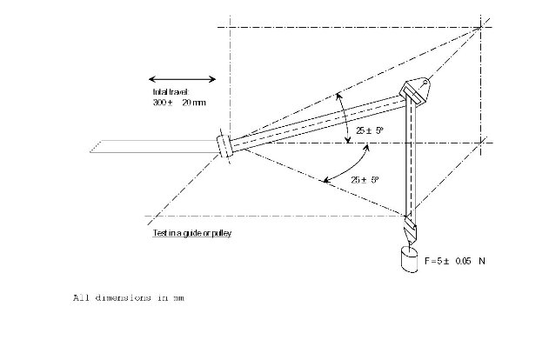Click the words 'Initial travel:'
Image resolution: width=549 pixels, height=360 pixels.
point(171,91)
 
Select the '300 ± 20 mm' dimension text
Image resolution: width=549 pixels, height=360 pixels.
point(179,103)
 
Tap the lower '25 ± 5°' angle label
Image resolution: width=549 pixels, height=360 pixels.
point(364,179)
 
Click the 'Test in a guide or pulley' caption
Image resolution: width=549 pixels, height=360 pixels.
point(191,233)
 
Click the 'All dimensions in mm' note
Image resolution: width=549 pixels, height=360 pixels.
point(127,298)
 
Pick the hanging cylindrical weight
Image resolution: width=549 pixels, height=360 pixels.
point(409,260)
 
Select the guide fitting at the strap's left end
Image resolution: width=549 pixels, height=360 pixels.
point(225,144)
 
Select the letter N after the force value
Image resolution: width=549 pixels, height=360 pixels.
point(492,261)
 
